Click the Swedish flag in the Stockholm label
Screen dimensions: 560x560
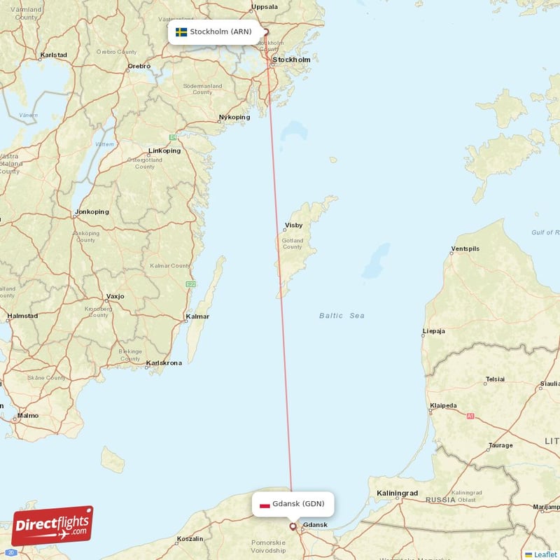click(x=181, y=32)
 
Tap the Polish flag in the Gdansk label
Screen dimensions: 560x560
click(x=265, y=504)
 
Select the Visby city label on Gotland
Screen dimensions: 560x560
click(x=293, y=226)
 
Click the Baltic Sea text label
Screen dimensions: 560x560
click(x=342, y=316)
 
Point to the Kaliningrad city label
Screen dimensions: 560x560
click(x=397, y=493)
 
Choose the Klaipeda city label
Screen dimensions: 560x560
click(x=443, y=405)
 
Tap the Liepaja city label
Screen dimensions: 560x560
click(x=438, y=331)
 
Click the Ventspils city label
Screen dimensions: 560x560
click(x=465, y=248)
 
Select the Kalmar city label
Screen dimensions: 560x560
click(x=197, y=316)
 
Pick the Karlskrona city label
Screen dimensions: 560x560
click(x=164, y=363)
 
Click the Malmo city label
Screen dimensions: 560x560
click(x=28, y=415)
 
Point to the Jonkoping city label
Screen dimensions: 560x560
click(x=92, y=211)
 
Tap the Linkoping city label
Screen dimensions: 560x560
click(x=164, y=150)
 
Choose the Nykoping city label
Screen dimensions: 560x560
click(x=234, y=117)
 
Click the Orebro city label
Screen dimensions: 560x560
click(x=139, y=66)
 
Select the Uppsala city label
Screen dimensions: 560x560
click(x=264, y=7)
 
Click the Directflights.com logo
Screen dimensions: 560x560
click(x=52, y=526)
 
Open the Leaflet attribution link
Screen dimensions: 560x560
click(x=545, y=554)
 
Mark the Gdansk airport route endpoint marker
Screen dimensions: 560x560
click(x=293, y=526)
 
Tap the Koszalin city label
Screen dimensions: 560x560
click(x=190, y=538)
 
